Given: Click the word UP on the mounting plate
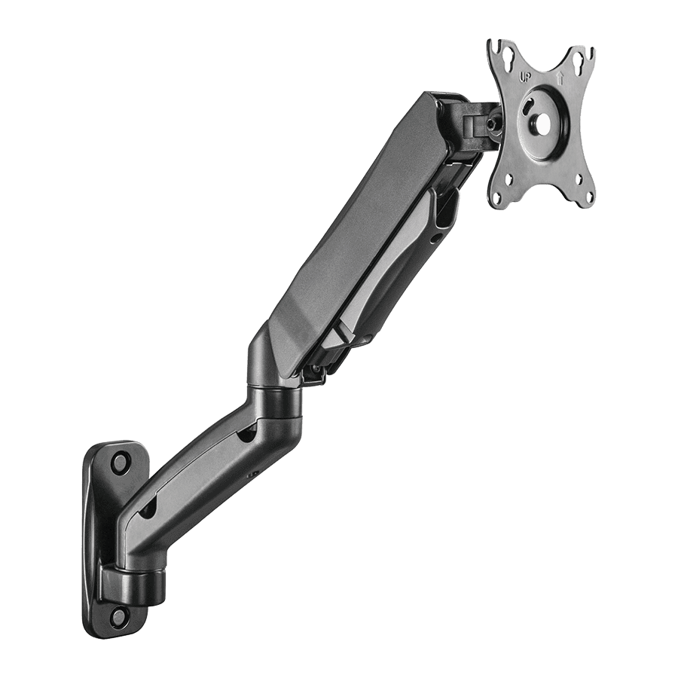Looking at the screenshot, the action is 524,78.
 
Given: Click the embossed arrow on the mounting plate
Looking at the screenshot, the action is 560,78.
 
